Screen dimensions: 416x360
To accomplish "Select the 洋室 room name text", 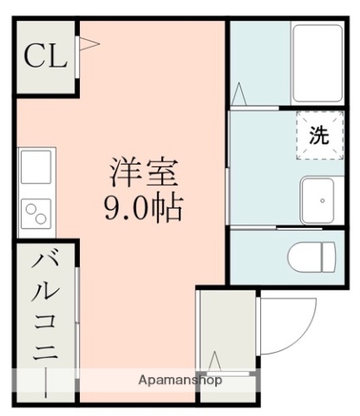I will coord(144,172).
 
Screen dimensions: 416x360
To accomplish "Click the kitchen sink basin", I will coord(37,166).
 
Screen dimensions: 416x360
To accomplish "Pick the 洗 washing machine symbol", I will coord(318,135).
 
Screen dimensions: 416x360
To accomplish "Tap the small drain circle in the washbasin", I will coord(322,200).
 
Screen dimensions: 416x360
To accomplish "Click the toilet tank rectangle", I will coord(328,257).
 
